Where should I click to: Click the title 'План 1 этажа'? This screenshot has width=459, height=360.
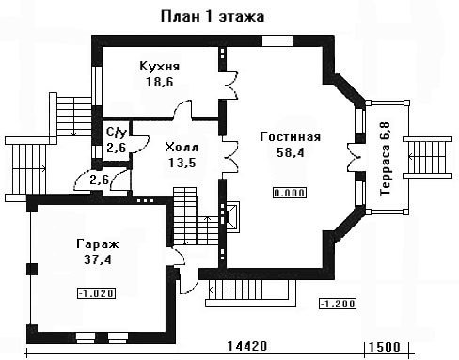213,17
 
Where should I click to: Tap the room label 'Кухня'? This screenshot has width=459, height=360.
159,67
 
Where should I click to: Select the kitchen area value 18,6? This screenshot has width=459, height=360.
160,82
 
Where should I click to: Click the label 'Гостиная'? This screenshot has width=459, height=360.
291,137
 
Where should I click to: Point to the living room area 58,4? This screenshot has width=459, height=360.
291,152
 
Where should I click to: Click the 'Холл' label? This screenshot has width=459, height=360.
182,147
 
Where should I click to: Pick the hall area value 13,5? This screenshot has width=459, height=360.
182,163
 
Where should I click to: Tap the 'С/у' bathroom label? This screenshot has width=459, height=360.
117,133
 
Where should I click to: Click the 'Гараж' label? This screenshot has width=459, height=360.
98,243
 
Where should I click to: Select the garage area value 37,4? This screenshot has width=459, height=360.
98,259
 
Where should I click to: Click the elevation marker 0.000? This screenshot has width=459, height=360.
290,193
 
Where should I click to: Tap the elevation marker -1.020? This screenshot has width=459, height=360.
96,293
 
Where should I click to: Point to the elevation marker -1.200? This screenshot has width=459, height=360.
338,304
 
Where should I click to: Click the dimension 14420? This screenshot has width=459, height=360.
247,346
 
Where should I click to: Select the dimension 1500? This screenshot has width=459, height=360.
385,347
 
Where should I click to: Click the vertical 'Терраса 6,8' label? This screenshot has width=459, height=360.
385,159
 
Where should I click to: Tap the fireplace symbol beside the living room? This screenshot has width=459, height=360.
232,216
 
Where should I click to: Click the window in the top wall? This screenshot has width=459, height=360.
277,40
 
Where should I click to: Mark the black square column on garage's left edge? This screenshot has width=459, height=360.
32,269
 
